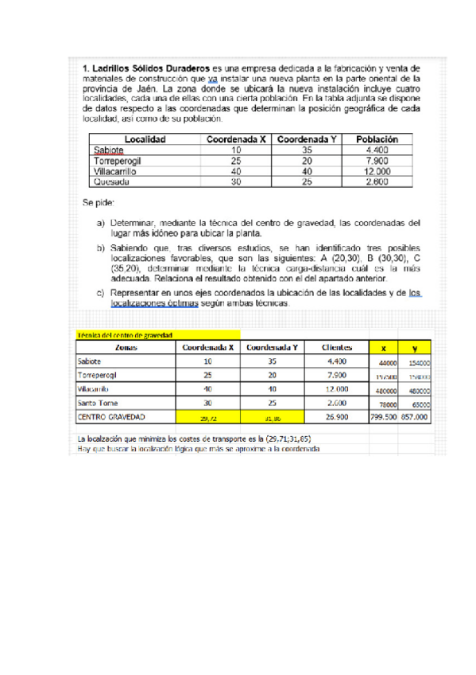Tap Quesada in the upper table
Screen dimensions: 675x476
pos(110,181)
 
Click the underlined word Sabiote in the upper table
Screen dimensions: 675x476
pos(108,150)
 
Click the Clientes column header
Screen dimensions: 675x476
pos(336,348)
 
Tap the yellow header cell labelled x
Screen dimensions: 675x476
pos(383,348)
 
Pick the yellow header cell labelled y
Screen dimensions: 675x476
pos(415,348)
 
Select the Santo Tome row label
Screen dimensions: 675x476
pos(98,403)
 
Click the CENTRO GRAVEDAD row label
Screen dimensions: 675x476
pos(110,416)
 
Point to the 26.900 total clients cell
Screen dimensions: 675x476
pos(337,416)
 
